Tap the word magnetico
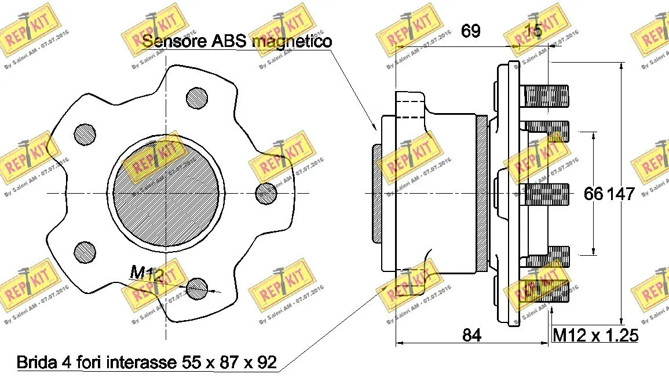(x=293, y=42)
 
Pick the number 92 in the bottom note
(x=266, y=363)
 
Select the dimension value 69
(x=470, y=31)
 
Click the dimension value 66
(x=594, y=194)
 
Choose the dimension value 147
(x=620, y=194)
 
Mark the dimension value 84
(x=472, y=335)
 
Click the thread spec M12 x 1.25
(x=595, y=335)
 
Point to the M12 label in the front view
(x=144, y=272)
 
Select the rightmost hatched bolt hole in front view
(x=265, y=192)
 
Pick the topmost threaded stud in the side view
(x=544, y=96)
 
